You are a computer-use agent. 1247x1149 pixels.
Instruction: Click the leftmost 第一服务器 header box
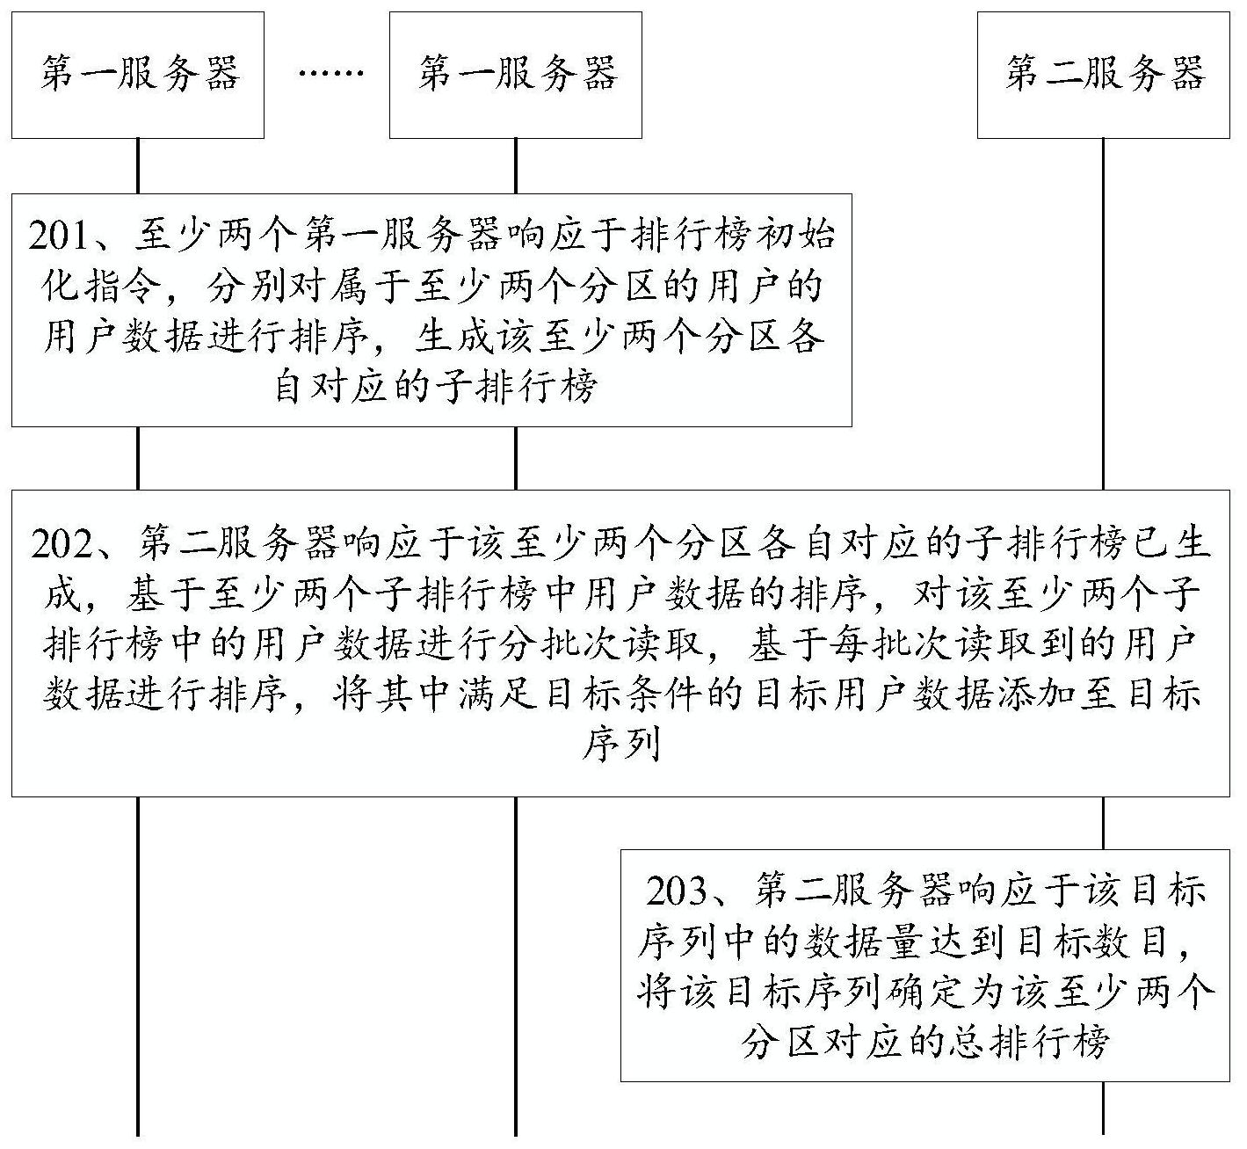[137, 75]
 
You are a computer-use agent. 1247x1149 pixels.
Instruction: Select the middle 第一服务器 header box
[515, 75]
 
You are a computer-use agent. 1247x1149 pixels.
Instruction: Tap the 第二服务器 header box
[1104, 75]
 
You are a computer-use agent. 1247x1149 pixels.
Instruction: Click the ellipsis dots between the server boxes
[330, 74]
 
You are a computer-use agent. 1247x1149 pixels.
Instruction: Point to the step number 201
[59, 237]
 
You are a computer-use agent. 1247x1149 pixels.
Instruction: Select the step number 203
[677, 891]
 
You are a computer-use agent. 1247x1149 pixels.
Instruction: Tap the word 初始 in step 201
[796, 237]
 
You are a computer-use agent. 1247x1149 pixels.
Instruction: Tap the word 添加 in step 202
[1033, 694]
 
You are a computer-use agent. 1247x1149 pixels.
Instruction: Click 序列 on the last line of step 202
[621, 744]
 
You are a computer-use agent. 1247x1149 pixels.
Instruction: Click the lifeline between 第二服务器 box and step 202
[1104, 314]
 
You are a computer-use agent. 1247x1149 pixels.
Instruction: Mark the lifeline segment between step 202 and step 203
[1104, 823]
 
